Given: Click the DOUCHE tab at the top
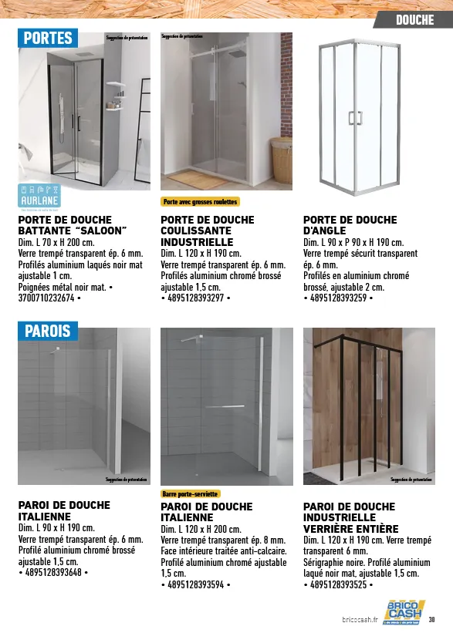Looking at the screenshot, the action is pos(414,20).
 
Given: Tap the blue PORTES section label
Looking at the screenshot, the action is pos(48,38).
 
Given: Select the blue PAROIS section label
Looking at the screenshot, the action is pos(48,332).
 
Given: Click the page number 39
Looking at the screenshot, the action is pos(432,619).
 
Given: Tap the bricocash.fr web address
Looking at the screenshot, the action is pos(360,619).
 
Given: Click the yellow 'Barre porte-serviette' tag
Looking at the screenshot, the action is pos(191,493).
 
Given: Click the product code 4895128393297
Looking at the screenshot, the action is pos(196,298).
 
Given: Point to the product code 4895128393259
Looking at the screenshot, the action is pos(339,298).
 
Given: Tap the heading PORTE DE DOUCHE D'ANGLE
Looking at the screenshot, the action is pos(350,225).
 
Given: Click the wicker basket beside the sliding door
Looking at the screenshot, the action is pos(282,159).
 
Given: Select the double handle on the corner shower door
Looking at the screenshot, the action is pos(355,117).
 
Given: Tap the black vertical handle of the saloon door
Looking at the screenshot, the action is pos(77,123).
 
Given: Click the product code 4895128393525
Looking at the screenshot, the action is pos(339,584).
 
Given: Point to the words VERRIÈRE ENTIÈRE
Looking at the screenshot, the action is pos(350,529).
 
